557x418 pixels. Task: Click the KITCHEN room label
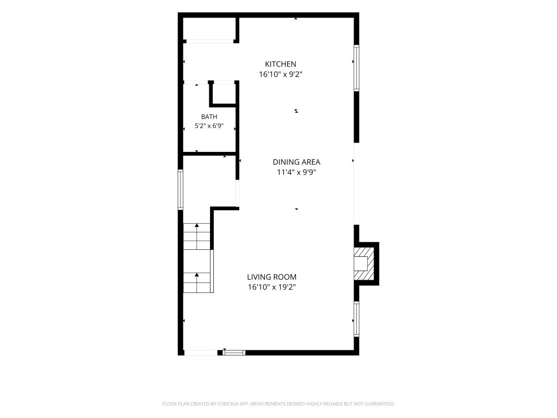coord(280,64)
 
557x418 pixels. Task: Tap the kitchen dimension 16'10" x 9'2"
coord(280,74)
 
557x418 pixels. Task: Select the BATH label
coord(209,116)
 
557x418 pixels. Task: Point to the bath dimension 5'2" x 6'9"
coord(209,126)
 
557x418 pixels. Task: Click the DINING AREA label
coord(296,162)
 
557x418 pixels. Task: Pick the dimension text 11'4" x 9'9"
coord(296,173)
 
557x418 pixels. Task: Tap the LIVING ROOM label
coord(272,277)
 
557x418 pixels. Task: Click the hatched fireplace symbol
coord(364,263)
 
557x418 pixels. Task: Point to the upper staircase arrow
coord(197,236)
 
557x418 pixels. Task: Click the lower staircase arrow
coord(197,282)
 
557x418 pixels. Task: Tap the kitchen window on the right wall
coord(356,68)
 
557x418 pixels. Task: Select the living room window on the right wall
coord(356,319)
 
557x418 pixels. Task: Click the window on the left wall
coord(181,190)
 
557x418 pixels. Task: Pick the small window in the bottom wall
coord(234,353)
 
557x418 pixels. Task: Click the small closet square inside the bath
coord(224,94)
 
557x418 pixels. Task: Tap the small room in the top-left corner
coord(209,28)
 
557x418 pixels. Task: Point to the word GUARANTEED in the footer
coord(380,404)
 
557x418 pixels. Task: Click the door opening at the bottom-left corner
coord(201,353)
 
